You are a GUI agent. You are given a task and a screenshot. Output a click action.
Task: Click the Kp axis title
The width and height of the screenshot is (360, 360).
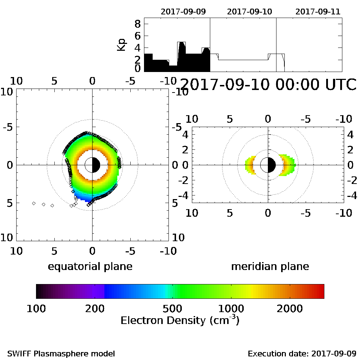click(x=122, y=45)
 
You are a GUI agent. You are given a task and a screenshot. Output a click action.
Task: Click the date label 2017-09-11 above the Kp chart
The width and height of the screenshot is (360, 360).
click(x=318, y=11)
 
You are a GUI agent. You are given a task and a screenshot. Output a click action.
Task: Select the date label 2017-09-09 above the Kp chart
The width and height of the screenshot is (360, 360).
click(x=183, y=11)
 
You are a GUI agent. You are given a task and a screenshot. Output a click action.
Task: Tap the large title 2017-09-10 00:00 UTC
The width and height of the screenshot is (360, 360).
click(x=267, y=85)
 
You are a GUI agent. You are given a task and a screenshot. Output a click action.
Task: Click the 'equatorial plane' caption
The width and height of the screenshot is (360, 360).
click(x=90, y=266)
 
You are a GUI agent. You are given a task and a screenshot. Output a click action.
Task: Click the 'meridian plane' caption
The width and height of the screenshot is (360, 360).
click(x=270, y=266)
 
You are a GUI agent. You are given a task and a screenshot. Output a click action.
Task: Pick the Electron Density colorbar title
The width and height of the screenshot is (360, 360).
click(x=180, y=320)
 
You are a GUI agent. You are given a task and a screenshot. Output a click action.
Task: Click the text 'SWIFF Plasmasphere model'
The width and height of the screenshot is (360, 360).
click(x=61, y=353)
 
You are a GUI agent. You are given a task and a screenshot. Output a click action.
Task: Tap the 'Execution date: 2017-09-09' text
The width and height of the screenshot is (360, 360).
click(x=302, y=353)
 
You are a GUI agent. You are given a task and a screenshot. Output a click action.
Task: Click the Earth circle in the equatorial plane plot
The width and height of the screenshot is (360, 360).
click(x=93, y=165)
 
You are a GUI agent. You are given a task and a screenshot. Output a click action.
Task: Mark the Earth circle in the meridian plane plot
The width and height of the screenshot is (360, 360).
click(x=268, y=165)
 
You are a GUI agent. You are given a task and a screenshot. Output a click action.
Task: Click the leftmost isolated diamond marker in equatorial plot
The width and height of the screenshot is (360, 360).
click(x=34, y=203)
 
